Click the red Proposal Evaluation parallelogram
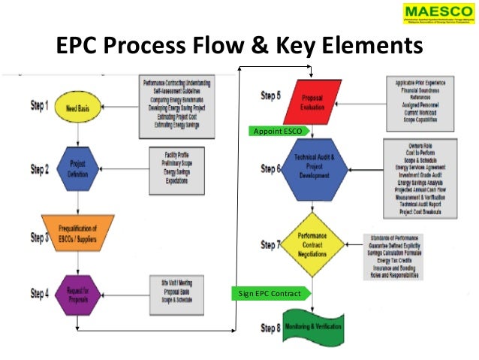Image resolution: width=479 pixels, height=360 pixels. (x=312, y=103)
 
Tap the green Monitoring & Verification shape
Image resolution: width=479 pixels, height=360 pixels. (x=312, y=328)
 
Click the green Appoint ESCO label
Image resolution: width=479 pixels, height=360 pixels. (x=276, y=132)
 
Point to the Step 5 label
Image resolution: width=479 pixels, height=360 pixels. (x=271, y=95)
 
